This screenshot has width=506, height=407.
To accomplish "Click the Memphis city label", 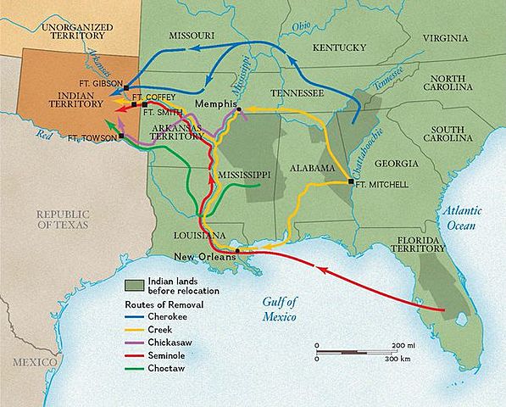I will coord(214,103).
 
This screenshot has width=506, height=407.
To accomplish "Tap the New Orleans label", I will coord(203,257).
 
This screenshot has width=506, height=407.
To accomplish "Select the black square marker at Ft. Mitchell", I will coord(351,182).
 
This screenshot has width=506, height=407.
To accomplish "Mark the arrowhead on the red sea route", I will coord(320,269).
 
